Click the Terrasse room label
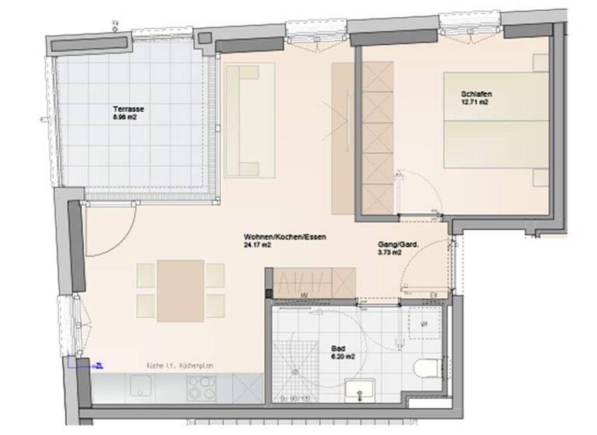(x=127, y=110)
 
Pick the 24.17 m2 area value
(x=257, y=245)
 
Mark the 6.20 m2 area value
(x=344, y=357)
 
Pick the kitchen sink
(x=143, y=385)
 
